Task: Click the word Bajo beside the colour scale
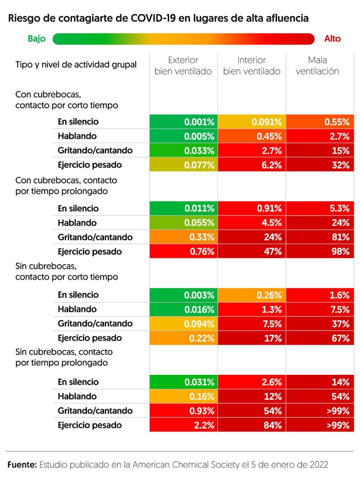[x=36, y=39]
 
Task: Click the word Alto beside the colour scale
[x=332, y=39]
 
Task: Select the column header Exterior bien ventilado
[x=183, y=66]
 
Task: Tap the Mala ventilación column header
[x=318, y=66]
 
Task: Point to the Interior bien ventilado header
[x=252, y=66]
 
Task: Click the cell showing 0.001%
[x=183, y=122]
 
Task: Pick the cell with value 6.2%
[x=252, y=165]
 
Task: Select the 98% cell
[x=320, y=251]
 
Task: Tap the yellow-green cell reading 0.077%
[x=183, y=165]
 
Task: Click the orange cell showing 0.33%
[x=183, y=237]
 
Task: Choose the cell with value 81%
[x=320, y=237]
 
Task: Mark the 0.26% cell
[x=252, y=295]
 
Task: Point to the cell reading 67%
[x=320, y=338]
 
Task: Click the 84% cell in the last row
[x=252, y=425]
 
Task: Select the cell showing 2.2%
[x=183, y=425]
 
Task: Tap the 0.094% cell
[x=183, y=323]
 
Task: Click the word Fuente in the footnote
[x=22, y=464]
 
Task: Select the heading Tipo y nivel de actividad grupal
[x=76, y=65]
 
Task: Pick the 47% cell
[x=252, y=251]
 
